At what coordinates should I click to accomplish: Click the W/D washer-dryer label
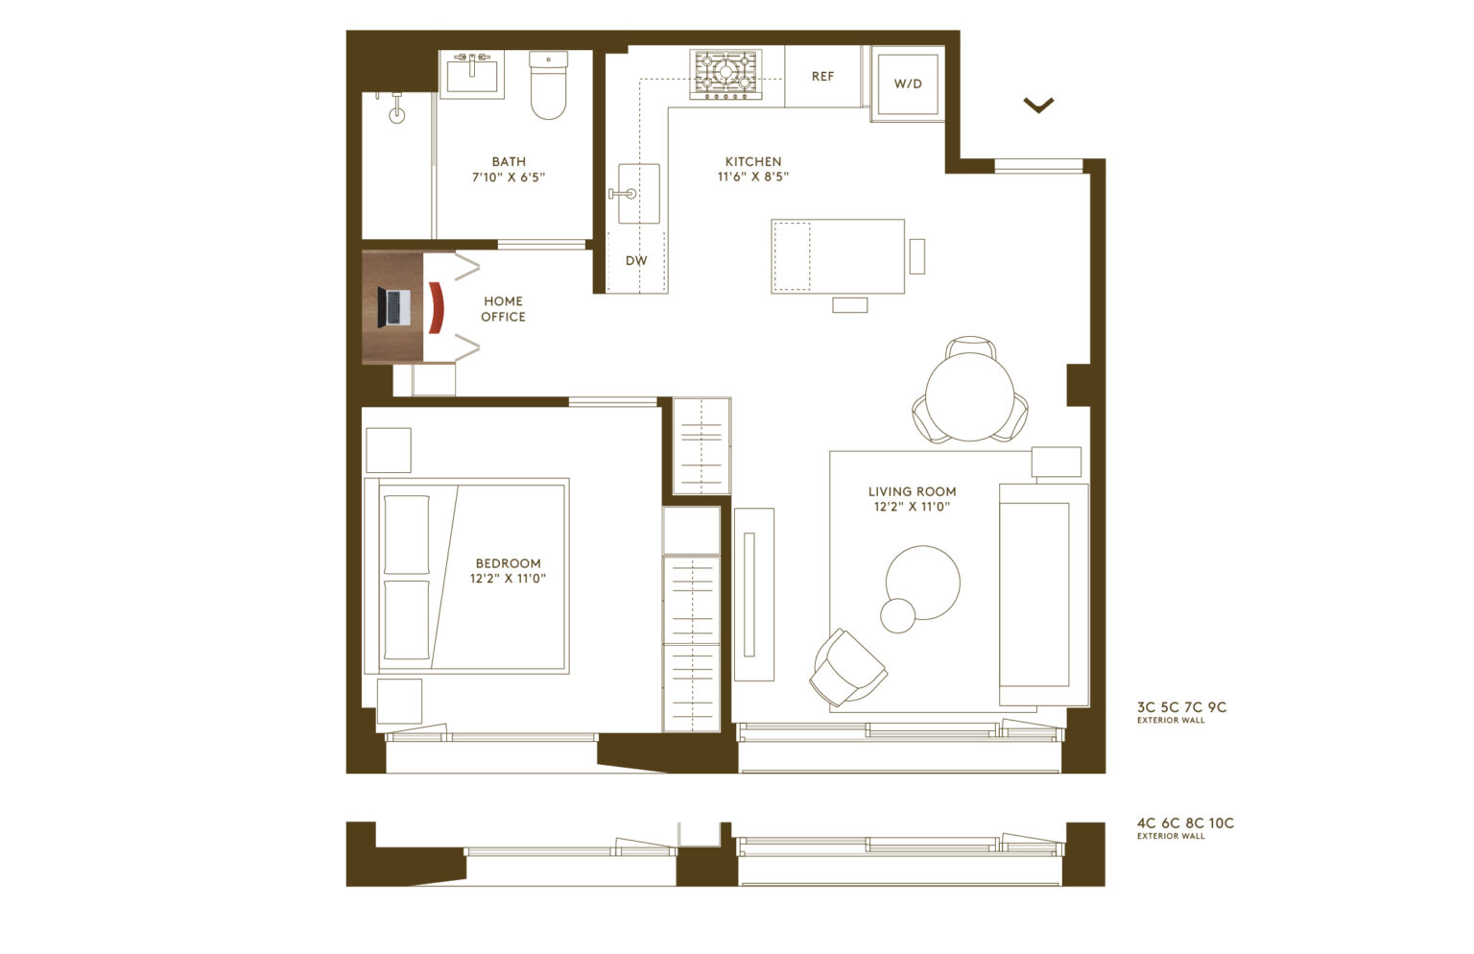point(908,83)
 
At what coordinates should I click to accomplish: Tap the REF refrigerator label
point(822,77)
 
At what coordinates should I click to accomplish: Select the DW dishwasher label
point(636,260)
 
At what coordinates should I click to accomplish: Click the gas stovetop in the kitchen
point(725,75)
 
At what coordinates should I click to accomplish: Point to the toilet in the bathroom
point(548,85)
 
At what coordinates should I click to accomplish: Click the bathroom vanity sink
point(473,74)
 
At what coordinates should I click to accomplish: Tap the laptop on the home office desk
point(394,307)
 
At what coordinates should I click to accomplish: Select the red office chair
point(436,307)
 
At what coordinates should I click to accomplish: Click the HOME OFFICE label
point(504,309)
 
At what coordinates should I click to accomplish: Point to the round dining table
point(970,397)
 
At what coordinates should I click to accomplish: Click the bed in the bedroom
point(467,576)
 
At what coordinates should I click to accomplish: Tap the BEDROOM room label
point(509,563)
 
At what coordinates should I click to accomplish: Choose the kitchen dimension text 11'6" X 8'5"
point(753,177)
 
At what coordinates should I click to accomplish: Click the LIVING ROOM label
point(912,491)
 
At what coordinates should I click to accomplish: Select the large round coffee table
point(923,583)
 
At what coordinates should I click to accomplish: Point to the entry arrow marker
point(1038,105)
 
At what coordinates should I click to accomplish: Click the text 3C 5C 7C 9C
point(1181,707)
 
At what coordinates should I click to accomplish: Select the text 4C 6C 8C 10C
point(1185,823)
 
